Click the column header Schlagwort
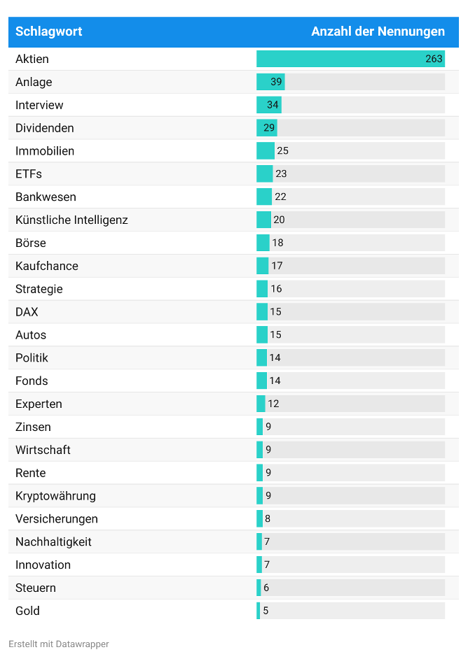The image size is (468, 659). click(x=49, y=31)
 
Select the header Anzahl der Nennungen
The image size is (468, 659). click(x=378, y=31)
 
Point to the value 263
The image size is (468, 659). click(x=434, y=59)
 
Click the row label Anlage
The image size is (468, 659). click(x=34, y=82)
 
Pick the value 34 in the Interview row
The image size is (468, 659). click(x=273, y=105)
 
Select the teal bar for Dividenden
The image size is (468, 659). click(x=266, y=128)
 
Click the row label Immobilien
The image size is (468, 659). click(x=45, y=151)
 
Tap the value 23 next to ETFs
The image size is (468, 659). click(x=281, y=174)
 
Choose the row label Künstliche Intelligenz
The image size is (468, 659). click(x=71, y=220)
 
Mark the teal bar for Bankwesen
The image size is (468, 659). click(x=264, y=197)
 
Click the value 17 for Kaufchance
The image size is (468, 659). click(x=277, y=266)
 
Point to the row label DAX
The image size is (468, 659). click(x=27, y=312)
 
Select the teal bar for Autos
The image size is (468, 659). click(x=262, y=335)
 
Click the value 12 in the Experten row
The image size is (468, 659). click(x=273, y=404)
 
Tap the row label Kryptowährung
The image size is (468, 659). click(x=55, y=496)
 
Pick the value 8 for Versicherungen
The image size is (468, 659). click(x=268, y=519)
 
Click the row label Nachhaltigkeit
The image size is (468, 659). click(x=53, y=542)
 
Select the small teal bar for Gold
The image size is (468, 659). click(x=258, y=611)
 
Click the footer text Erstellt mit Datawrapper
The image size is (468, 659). click(x=59, y=644)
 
